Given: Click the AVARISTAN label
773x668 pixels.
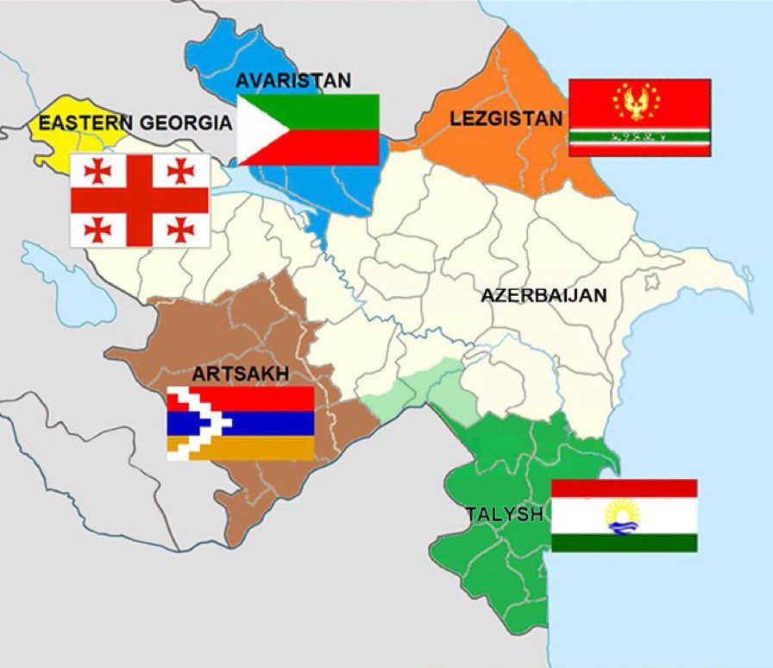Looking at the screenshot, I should [293, 81].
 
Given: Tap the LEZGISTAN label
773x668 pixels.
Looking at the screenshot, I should [506, 118].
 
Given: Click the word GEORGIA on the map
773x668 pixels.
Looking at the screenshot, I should [186, 123].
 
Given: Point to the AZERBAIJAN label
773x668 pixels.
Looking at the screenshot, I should [544, 295].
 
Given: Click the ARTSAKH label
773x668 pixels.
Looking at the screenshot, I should [241, 375].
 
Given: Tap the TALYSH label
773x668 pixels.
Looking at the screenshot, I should [505, 514].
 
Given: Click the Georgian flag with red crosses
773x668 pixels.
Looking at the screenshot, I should [139, 200].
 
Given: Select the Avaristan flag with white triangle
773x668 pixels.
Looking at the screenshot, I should [308, 129].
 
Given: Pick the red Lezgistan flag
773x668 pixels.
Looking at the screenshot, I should [639, 117].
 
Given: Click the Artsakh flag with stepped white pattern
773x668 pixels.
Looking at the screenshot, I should [240, 423].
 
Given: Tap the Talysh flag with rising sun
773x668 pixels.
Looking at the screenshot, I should [624, 515].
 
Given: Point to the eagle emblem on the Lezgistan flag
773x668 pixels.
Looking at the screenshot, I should [639, 102].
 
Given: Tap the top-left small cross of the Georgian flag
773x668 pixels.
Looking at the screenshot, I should [97, 172].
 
